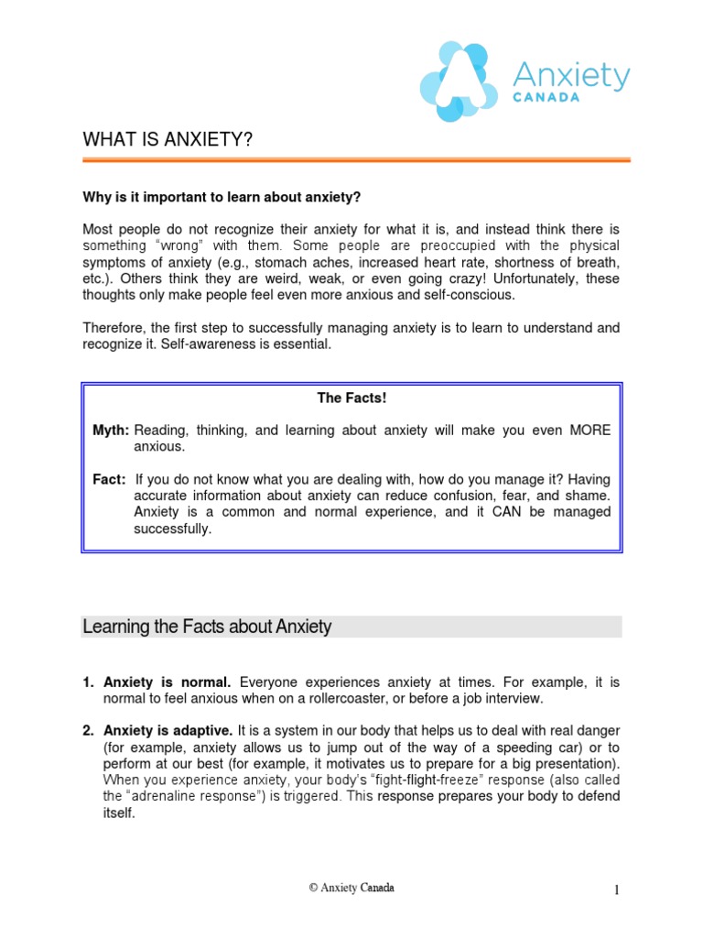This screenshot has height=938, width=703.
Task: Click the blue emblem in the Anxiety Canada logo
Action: tap(457, 82)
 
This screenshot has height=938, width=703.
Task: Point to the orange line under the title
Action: tap(356, 160)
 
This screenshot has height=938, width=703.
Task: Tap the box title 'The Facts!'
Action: tap(351, 398)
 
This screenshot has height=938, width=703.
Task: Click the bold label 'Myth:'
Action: tap(111, 431)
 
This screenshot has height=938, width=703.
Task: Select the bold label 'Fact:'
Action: tap(109, 480)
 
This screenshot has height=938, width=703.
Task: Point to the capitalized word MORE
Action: tap(591, 431)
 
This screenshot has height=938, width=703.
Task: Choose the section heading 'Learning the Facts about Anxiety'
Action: tap(207, 627)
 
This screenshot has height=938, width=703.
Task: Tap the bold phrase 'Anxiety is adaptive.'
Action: tap(168, 731)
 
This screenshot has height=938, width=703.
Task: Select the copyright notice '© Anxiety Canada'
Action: tap(351, 889)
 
